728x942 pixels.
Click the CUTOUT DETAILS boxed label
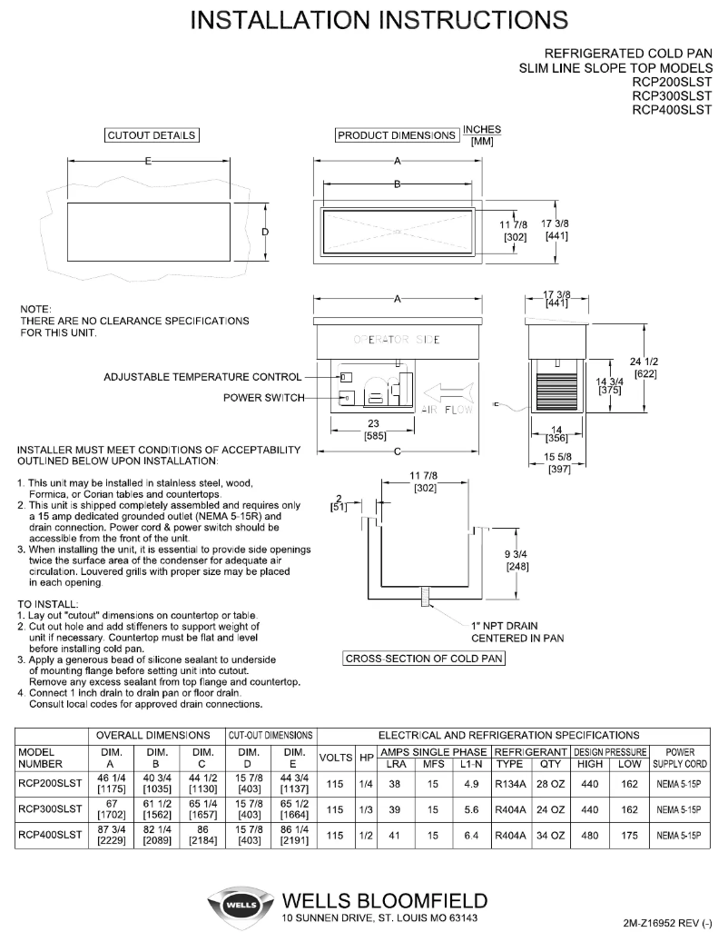point(152,136)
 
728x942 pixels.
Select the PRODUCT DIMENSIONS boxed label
point(398,136)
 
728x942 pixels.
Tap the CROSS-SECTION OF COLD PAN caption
point(424,659)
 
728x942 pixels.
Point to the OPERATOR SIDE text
point(397,340)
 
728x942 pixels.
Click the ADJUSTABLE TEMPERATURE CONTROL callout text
point(202,376)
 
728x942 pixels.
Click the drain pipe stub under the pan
point(423,600)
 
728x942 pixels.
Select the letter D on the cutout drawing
point(266,233)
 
